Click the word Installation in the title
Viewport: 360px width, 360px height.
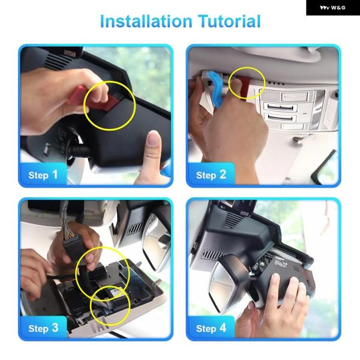tap(146, 21)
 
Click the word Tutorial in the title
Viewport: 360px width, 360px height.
tap(230, 21)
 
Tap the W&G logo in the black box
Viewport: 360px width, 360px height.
tap(332, 8)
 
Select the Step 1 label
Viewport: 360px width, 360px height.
tap(43, 175)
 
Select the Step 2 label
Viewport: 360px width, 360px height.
tap(211, 175)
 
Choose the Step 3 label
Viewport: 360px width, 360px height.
tap(43, 328)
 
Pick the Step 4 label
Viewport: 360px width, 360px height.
tap(211, 328)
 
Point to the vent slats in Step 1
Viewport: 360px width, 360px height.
tap(58, 60)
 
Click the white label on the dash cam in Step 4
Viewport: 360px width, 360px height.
tap(281, 262)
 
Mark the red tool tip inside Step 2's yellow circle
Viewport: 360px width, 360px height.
tap(245, 88)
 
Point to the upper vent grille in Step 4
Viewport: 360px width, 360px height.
tap(232, 219)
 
